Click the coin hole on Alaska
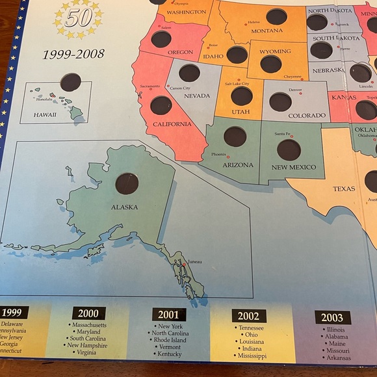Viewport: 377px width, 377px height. point(127,184)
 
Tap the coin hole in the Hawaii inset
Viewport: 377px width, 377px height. point(70,82)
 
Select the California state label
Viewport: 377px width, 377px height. point(172,124)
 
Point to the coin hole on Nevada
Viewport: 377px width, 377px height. point(189,73)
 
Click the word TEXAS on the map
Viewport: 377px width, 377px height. point(344,189)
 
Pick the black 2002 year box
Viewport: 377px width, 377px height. point(248,317)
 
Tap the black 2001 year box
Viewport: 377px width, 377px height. point(169,315)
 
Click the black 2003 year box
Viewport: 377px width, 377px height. point(333,318)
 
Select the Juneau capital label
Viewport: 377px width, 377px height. point(194,262)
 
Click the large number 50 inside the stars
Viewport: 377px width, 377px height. point(78,18)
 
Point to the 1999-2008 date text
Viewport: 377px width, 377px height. point(73,54)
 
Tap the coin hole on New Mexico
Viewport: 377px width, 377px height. point(289,150)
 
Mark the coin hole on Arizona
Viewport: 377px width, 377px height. point(235,136)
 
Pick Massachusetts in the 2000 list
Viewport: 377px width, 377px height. point(93,324)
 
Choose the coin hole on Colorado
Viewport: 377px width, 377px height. point(280,101)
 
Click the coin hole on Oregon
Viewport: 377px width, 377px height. point(161,39)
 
